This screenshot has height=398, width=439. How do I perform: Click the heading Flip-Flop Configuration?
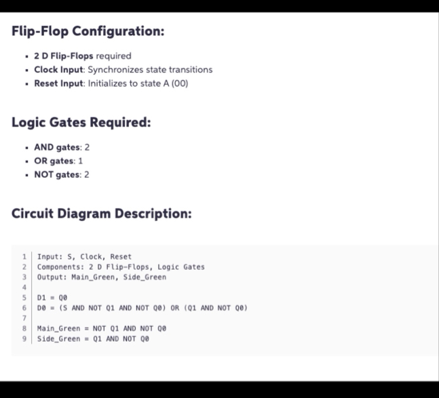88,32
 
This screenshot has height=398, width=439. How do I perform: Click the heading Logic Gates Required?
81,123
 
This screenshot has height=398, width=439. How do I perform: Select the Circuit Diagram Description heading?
102,214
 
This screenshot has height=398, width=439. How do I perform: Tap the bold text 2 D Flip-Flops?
63,56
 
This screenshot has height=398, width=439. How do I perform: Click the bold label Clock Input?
58,69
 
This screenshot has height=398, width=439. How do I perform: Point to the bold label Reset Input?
59,83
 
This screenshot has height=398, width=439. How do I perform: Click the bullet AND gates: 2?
62,147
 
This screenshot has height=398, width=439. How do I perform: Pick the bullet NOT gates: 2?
62,174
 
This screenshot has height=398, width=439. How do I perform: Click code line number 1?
24,257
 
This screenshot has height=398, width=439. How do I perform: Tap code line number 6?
24,308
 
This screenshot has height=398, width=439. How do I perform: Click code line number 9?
24,338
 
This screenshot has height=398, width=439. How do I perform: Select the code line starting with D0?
142,308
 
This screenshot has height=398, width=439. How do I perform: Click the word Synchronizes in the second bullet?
113,69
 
